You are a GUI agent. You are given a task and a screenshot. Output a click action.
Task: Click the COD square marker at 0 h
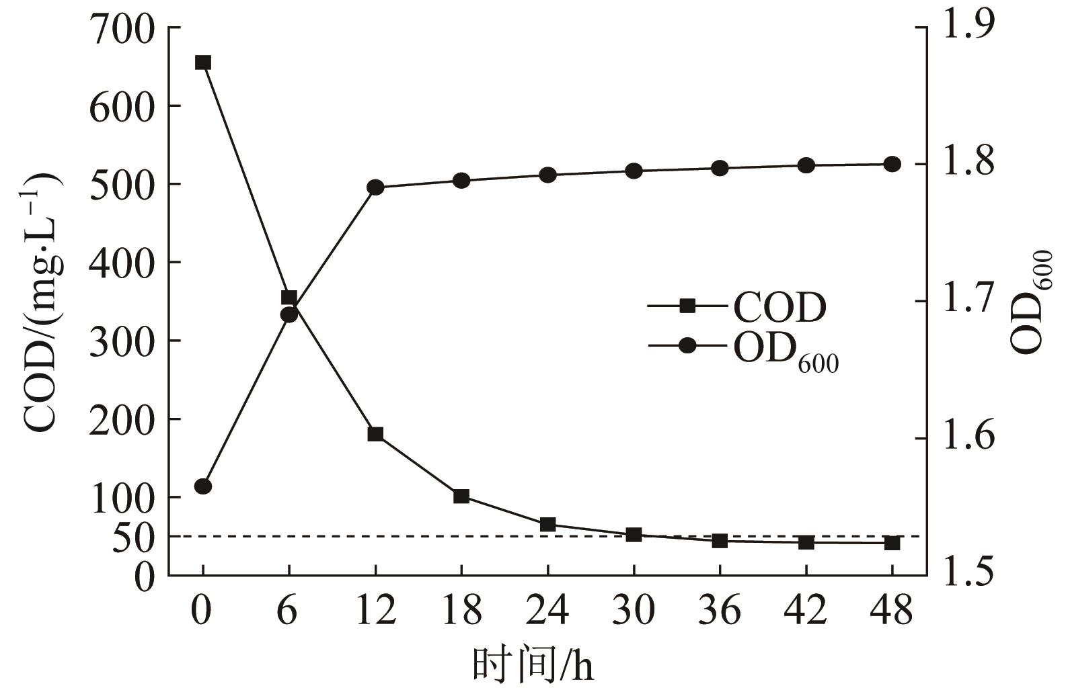coord(203,62)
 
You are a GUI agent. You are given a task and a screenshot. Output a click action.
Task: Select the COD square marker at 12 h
coord(375,434)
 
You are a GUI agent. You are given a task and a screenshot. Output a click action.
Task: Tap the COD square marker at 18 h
coord(461,496)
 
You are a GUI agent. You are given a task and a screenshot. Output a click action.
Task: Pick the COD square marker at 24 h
coord(547,524)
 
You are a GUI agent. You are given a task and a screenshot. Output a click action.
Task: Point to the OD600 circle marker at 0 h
coord(203,486)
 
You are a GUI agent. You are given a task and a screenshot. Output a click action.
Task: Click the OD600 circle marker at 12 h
coord(375,187)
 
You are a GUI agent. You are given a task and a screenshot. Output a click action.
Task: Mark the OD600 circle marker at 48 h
coord(892,164)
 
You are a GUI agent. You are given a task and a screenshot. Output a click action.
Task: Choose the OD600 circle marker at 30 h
coord(634,171)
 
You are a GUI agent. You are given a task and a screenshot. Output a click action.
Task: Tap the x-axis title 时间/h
coord(533,666)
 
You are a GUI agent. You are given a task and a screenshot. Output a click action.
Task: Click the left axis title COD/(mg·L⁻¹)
coord(42,302)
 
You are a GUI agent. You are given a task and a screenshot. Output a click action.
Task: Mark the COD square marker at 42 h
coord(806,541)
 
